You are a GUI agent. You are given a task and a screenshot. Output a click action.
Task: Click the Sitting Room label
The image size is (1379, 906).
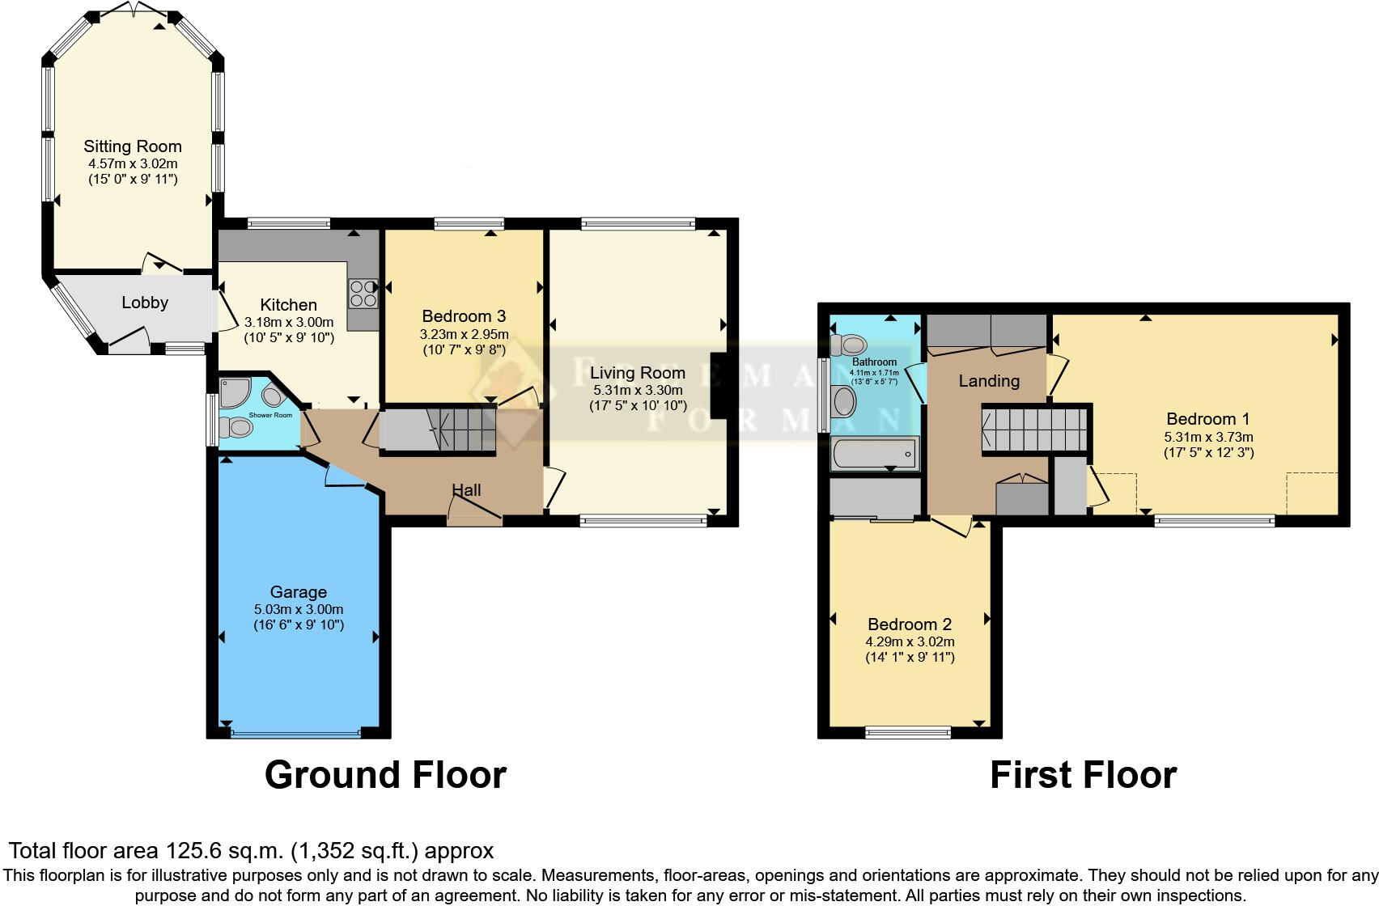coord(133,146)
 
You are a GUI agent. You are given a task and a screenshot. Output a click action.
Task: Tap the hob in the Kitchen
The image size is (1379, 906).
coord(363,293)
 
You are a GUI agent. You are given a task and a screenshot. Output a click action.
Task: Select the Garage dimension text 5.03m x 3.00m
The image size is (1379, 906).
coord(298,609)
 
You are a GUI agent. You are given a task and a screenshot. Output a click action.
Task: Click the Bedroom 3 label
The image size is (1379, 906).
coord(464,316)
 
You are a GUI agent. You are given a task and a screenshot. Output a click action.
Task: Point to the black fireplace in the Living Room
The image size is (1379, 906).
coord(719,385)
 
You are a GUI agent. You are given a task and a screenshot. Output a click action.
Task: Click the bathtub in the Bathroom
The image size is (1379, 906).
coord(874,453)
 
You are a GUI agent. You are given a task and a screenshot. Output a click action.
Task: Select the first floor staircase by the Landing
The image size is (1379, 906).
coord(1034,428)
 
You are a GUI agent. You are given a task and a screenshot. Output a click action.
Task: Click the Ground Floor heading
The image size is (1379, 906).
coord(385,774)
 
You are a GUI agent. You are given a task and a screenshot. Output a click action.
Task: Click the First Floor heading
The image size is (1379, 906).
coord(1083,774)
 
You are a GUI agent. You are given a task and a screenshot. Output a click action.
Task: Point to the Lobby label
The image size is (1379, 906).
coord(145,303)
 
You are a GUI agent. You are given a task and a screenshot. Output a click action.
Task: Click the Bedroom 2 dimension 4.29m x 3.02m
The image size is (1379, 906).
coord(910,641)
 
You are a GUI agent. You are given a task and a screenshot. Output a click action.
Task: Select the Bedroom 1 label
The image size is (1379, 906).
coord(1207,419)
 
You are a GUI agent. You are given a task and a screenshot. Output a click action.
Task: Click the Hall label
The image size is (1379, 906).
coord(466,489)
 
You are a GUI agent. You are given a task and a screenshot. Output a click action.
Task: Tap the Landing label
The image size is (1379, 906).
coord(989,380)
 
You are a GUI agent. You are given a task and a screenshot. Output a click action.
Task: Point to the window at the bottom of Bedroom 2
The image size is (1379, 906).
coord(907,733)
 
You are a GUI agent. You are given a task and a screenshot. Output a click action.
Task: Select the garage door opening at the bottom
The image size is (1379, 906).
coord(295,734)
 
